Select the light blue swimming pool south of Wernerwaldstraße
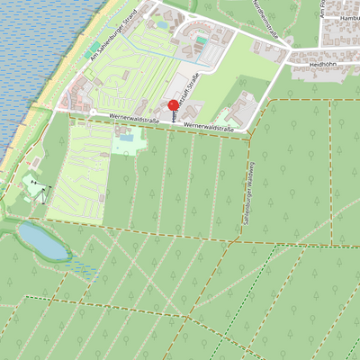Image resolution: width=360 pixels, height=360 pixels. [125, 139]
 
